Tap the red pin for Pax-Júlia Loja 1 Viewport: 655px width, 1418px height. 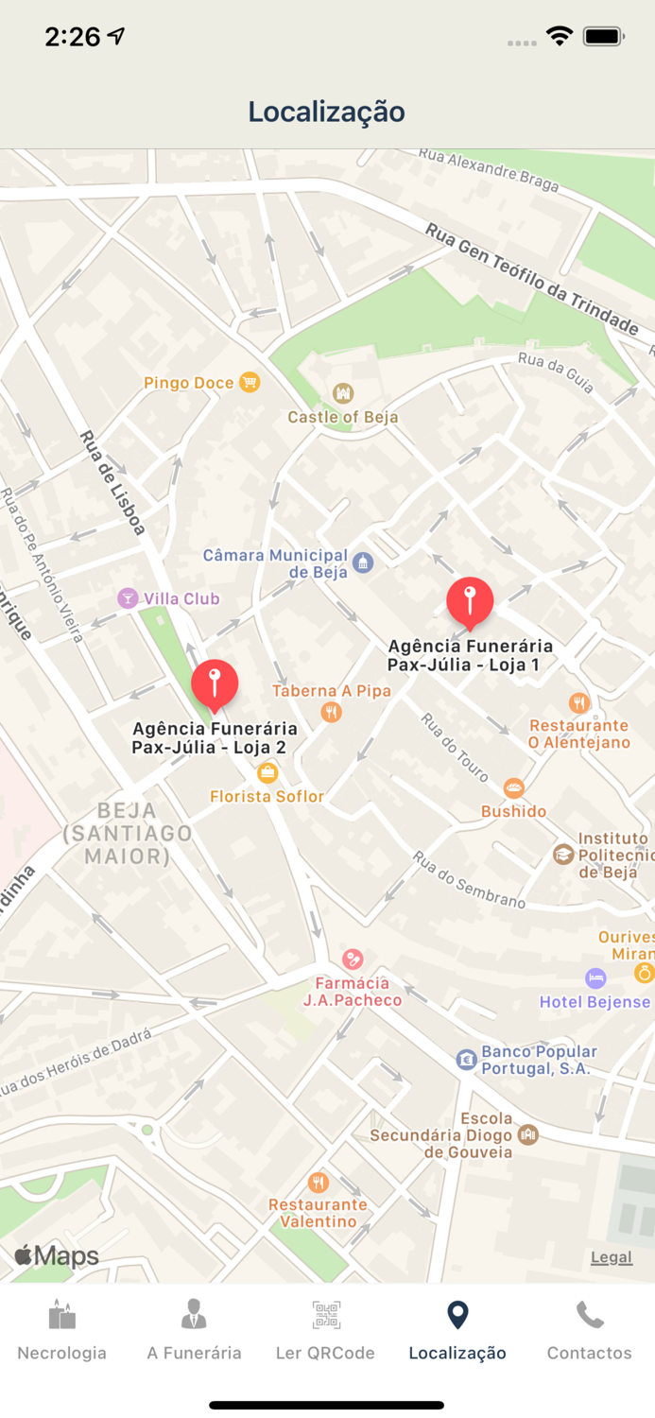click(x=470, y=600)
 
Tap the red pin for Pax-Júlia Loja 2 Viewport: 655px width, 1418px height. click(x=215, y=683)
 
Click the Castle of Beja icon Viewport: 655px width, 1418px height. click(x=343, y=393)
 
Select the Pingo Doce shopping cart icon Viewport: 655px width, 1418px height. click(x=250, y=382)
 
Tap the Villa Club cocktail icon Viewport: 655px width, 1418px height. click(x=127, y=597)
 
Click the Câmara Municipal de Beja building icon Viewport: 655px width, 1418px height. click(x=363, y=564)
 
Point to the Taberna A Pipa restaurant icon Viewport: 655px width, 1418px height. click(x=331, y=712)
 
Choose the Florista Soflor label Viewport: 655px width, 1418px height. click(x=267, y=796)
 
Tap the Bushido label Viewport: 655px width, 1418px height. click(x=513, y=811)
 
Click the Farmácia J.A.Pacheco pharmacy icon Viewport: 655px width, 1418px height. click(x=353, y=960)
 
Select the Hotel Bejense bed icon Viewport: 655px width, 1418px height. click(x=595, y=977)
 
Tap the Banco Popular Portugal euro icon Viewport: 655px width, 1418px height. click(x=466, y=1060)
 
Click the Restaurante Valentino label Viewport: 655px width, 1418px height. click(x=318, y=1213)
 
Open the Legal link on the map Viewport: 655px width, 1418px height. click(x=611, y=1256)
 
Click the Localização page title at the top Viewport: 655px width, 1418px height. click(x=327, y=112)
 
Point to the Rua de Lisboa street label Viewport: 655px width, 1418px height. click(x=112, y=483)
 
